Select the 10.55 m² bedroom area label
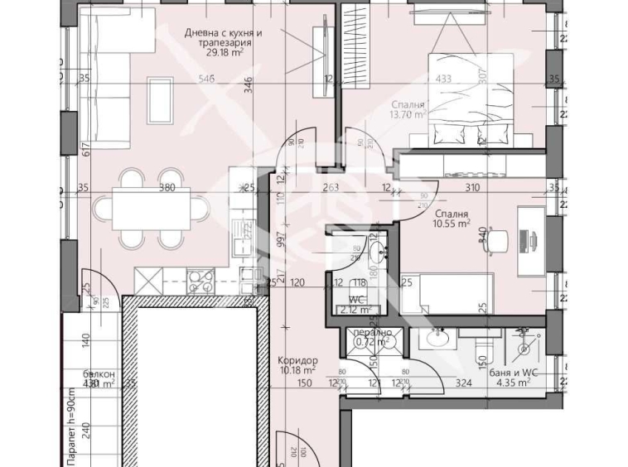pyautogui.click(x=452, y=223)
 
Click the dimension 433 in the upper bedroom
pyautogui.click(x=443, y=80)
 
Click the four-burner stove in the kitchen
pyautogui.click(x=201, y=281)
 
